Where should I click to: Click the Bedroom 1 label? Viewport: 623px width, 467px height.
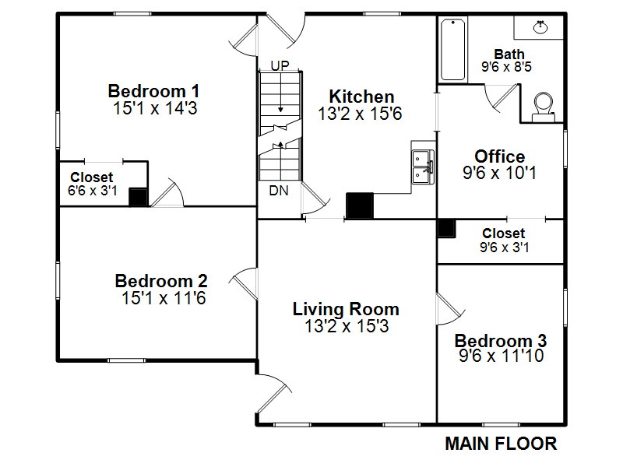point(153,91)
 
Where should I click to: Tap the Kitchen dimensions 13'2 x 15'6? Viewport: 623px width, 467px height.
point(360,114)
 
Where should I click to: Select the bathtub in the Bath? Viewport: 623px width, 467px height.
point(453,50)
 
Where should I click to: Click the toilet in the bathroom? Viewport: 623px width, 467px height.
point(543,107)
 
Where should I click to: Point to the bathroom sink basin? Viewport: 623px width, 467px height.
point(540,27)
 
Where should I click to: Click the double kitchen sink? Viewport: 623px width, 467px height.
point(423,167)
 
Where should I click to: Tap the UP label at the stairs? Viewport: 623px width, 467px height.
point(280,65)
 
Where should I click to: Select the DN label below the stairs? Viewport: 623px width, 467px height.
point(279,191)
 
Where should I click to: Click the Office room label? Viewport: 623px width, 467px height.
point(499,156)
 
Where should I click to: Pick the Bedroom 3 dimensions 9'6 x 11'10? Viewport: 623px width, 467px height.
point(501,356)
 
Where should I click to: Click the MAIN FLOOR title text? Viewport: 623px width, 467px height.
point(501,444)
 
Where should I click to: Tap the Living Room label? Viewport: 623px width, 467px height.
point(346,309)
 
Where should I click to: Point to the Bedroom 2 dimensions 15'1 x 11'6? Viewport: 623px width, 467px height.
point(164,298)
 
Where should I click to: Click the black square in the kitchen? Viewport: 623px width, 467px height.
point(360,205)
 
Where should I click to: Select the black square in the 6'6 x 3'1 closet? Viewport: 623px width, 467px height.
point(139,197)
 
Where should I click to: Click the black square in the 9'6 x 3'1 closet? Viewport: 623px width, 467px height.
point(446,228)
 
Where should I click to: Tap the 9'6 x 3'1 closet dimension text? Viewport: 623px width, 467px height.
point(504,248)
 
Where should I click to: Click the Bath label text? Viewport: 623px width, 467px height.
point(509,54)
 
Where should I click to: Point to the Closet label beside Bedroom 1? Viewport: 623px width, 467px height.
point(91,177)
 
